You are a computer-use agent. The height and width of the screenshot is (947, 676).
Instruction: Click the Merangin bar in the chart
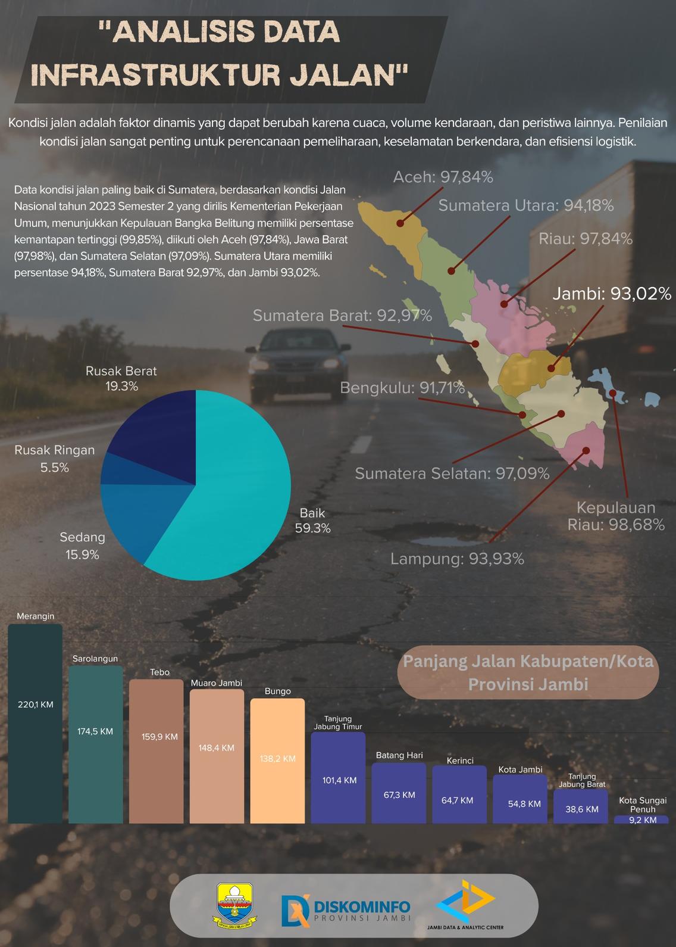35,724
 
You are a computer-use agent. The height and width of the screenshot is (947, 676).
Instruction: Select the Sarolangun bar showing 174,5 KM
95,744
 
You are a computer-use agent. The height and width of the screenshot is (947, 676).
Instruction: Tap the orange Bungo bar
277,761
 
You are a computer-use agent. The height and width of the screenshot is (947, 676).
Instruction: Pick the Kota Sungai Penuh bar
641,820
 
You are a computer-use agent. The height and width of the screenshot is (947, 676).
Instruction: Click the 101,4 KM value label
339,780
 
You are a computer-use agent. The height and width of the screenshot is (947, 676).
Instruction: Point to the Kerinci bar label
460,761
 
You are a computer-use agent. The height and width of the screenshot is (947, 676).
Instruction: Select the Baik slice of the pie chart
238,488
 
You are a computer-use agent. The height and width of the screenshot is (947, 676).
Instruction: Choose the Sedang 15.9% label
82,546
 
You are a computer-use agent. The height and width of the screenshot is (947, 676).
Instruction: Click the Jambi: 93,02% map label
612,294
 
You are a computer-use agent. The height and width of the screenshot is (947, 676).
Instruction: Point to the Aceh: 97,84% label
443,177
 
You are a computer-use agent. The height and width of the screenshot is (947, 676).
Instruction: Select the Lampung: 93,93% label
457,559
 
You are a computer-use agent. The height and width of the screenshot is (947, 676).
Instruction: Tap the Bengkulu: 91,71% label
402,388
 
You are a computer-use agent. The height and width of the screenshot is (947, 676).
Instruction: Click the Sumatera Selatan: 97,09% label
452,473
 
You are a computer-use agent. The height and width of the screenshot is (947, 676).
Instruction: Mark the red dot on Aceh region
400,224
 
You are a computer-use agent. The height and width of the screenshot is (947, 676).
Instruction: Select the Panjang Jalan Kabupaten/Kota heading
528,672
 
